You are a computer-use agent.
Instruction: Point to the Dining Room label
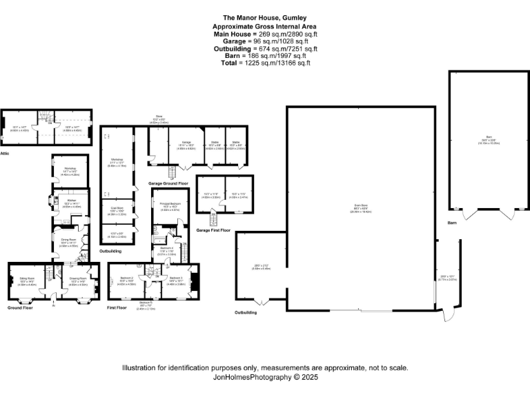point(68,241)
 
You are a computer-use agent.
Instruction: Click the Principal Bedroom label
point(170,204)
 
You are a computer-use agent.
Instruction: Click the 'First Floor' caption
point(118,307)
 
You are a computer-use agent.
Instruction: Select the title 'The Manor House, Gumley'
point(266,18)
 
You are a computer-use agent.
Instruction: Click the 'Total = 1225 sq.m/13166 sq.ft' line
point(266,63)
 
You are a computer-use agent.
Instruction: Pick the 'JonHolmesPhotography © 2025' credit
point(266,378)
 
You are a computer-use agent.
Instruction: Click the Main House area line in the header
point(266,34)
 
